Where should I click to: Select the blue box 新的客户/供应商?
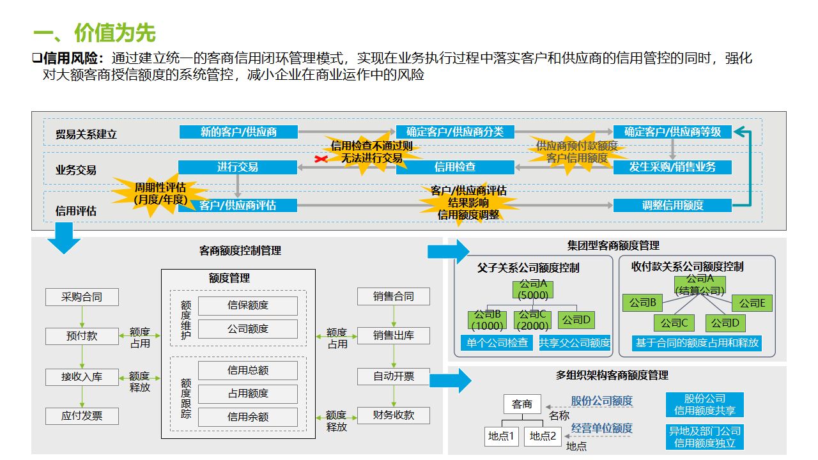[x=238, y=132]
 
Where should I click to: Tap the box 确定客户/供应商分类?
[x=455, y=132]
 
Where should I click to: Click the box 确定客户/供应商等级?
[x=672, y=132]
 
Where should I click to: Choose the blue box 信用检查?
[x=455, y=167]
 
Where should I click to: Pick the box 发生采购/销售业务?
[x=672, y=167]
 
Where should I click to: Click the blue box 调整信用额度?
[x=672, y=205]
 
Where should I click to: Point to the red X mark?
[x=321, y=158]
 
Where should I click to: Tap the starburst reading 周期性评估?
[x=160, y=194]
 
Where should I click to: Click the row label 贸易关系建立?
[x=86, y=135]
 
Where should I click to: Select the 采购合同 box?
[x=82, y=296]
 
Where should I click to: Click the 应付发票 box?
[x=82, y=416]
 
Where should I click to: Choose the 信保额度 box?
[x=248, y=305]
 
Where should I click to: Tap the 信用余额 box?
[x=248, y=417]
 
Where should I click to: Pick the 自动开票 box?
[x=394, y=376]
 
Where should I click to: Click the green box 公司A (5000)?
[x=533, y=289]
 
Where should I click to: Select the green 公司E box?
[x=753, y=303]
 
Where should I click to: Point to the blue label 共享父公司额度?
[x=575, y=342]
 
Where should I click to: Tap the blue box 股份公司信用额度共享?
[x=705, y=404]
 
